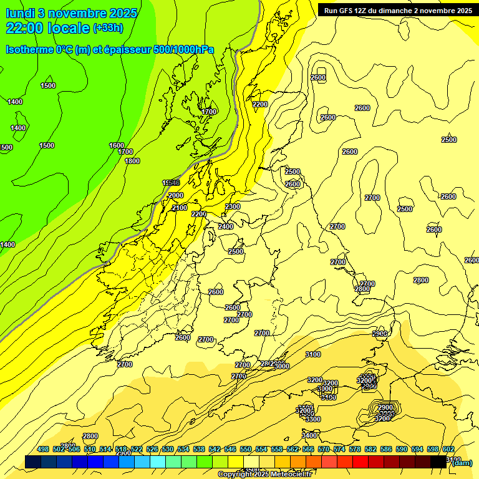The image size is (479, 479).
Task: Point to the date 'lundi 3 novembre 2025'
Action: click(x=70, y=12)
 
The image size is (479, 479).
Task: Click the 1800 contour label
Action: click(x=132, y=161)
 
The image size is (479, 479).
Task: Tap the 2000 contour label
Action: click(x=176, y=195)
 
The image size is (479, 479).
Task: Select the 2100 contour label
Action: click(x=180, y=208)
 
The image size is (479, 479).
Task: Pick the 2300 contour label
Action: click(x=233, y=206)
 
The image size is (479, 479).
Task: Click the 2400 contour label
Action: click(x=226, y=226)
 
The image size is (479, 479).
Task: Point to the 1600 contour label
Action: click(x=117, y=145)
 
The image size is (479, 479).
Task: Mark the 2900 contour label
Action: click(x=385, y=407)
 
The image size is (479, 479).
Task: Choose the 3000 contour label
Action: click(x=282, y=366)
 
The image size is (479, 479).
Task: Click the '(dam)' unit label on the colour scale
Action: click(x=462, y=462)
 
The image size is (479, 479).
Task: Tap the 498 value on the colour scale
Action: click(x=43, y=449)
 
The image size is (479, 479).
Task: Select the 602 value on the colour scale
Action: click(x=448, y=449)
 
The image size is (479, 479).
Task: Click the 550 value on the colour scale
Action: click(x=246, y=449)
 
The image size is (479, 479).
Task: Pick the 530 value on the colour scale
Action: click(x=168, y=449)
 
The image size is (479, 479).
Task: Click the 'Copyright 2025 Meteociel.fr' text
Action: click(x=264, y=475)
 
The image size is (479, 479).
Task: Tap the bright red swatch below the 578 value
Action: click(x=360, y=462)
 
